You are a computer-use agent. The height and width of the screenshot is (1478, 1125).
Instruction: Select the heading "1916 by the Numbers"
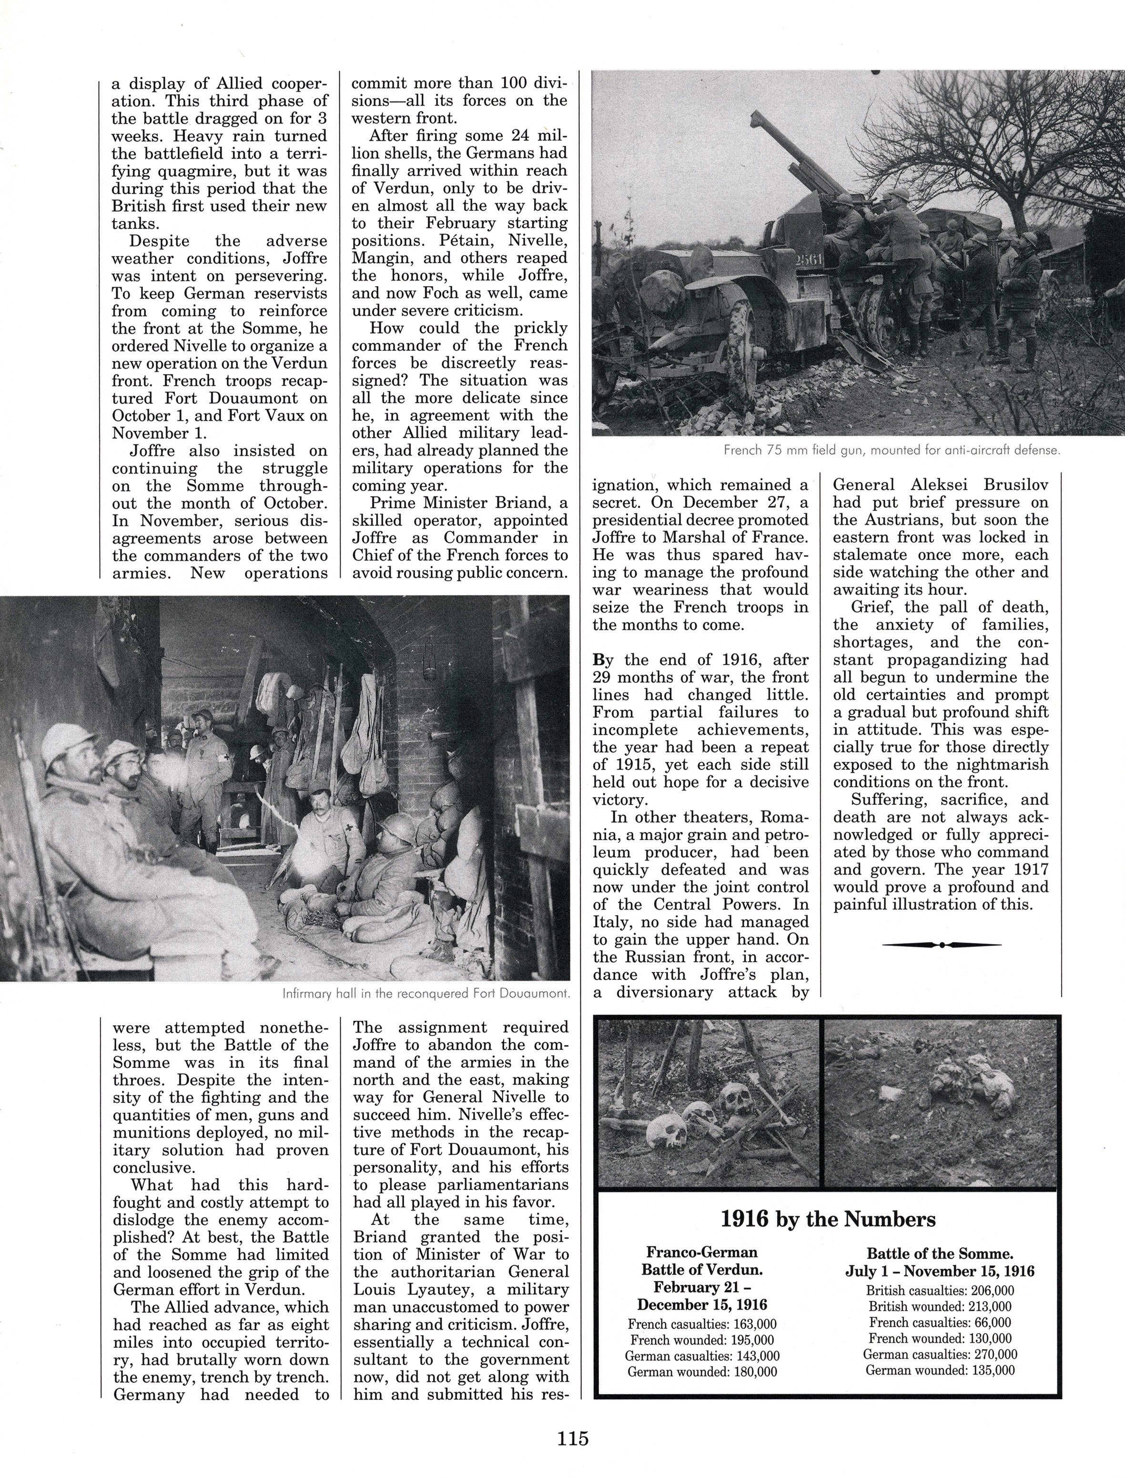pyautogui.click(x=828, y=1219)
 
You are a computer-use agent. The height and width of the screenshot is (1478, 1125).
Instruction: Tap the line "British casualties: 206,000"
pyautogui.click(x=940, y=1291)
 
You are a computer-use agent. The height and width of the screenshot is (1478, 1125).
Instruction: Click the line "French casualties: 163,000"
pyautogui.click(x=702, y=1324)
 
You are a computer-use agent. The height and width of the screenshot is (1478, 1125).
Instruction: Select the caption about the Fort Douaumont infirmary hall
pyautogui.click(x=426, y=994)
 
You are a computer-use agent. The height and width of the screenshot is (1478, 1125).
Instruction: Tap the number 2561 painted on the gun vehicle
pyautogui.click(x=810, y=259)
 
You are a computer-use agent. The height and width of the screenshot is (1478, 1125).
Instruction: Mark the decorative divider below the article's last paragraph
pyautogui.click(x=942, y=944)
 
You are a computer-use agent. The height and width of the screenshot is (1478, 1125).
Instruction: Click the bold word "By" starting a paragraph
pyautogui.click(x=603, y=660)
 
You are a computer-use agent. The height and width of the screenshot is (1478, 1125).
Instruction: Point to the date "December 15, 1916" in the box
pyautogui.click(x=702, y=1304)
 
